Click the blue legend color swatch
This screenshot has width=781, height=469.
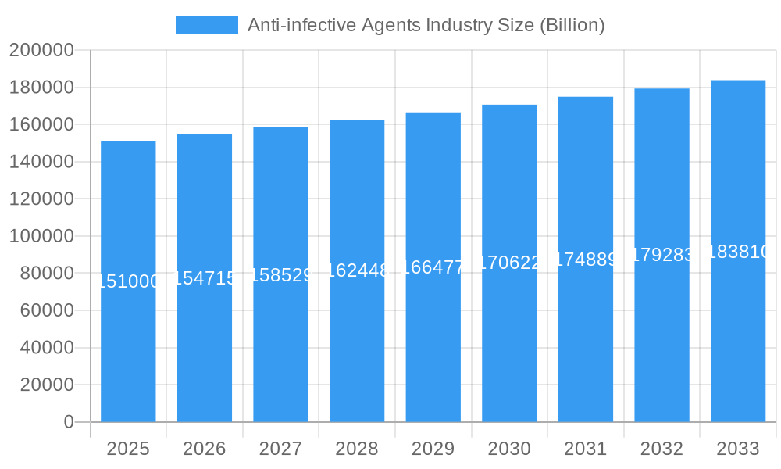tap(206, 25)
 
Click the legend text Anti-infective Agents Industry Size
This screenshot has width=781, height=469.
tap(426, 25)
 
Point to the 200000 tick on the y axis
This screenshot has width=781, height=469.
tap(41, 51)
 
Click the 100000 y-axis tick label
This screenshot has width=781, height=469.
tap(41, 236)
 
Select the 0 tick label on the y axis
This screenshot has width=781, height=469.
tap(68, 422)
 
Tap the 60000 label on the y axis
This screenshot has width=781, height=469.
tap(46, 310)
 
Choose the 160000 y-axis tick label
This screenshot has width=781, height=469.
tap(41, 125)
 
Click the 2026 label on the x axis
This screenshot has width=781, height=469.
tap(205, 449)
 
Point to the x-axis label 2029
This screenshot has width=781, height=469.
tap(433, 449)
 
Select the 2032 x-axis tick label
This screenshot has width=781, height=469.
tap(662, 449)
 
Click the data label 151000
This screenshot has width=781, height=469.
tap(128, 281)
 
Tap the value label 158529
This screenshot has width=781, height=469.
tap(280, 275)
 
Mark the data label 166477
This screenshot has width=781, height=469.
tap(433, 267)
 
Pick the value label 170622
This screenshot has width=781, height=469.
tap(509, 263)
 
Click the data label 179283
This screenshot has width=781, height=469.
tap(662, 255)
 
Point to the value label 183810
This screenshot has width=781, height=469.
tap(738, 252)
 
